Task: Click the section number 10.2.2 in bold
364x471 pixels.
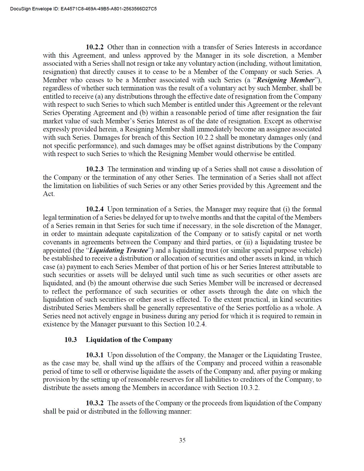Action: [x=95, y=47]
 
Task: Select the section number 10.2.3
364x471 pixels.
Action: [x=95, y=169]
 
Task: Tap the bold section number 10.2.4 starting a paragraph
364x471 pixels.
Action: [x=95, y=209]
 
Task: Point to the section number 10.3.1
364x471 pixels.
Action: [x=95, y=355]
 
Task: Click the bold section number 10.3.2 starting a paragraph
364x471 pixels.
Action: [x=95, y=403]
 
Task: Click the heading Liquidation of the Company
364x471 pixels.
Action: [x=129, y=340]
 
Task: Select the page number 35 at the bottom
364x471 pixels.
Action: [x=182, y=440]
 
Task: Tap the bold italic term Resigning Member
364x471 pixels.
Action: [x=285, y=80]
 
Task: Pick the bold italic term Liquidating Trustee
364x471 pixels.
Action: [x=119, y=251]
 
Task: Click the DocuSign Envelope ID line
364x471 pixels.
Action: [x=83, y=9]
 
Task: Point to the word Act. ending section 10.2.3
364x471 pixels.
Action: [x=49, y=194]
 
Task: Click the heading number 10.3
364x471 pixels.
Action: [x=71, y=340]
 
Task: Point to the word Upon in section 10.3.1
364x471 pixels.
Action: [x=114, y=355]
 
